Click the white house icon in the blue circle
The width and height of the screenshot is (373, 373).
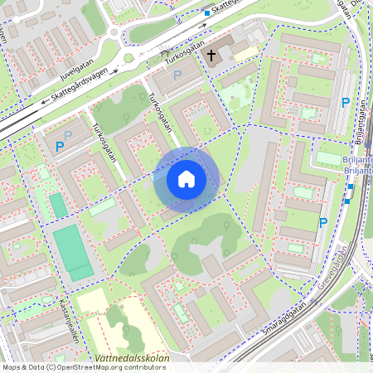click(x=186, y=179)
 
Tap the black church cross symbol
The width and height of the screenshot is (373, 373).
click(x=211, y=56)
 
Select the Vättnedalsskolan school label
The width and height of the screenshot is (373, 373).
click(x=133, y=359)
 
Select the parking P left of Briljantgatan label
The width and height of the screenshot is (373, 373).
click(x=346, y=103)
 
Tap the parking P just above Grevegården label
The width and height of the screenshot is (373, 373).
click(x=323, y=222)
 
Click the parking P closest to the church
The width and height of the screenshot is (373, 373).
click(x=177, y=75)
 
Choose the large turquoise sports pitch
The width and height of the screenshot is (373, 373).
click(x=73, y=252)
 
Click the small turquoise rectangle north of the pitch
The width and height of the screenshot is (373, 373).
click(x=57, y=206)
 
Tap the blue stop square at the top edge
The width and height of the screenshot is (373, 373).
click(x=206, y=12)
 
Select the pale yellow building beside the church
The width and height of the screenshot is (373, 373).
click(x=245, y=52)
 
